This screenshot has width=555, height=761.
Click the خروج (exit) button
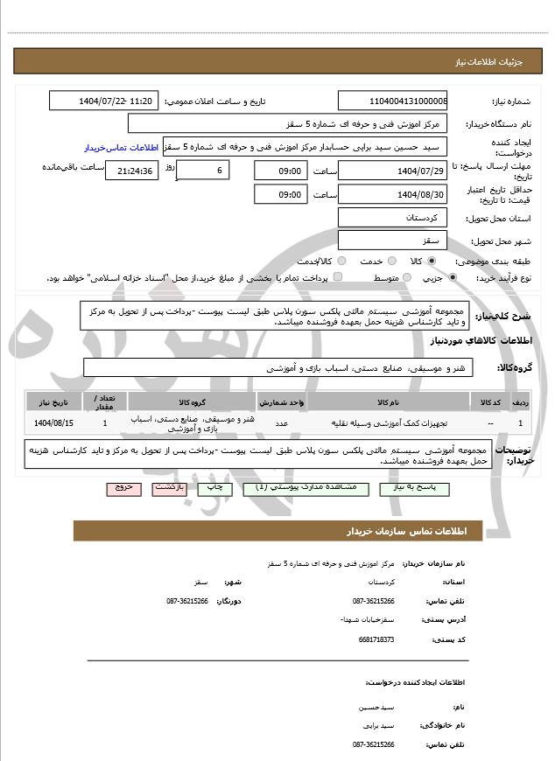point(123,488)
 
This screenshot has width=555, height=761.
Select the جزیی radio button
point(453,277)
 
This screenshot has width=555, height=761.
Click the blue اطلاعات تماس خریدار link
point(123,146)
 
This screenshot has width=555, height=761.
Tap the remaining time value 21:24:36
point(132,171)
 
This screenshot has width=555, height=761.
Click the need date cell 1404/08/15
point(53,423)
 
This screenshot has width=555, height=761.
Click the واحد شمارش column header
point(281,401)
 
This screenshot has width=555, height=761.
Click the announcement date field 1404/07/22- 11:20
point(104,101)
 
